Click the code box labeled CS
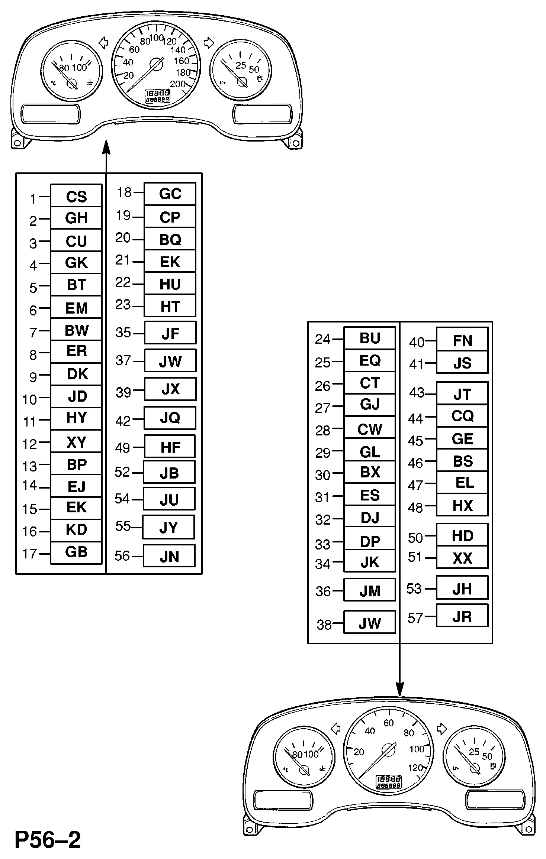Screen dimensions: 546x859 coord(76,196)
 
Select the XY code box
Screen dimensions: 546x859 coord(76,442)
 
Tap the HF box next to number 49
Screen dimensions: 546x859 coord(170,447)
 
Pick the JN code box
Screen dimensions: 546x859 coord(169,556)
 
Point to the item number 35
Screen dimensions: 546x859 coord(123,333)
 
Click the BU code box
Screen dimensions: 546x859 coord(369,338)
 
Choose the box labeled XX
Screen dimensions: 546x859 coord(462,558)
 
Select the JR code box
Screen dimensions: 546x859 coord(462,616)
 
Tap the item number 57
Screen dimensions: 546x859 coord(415,618)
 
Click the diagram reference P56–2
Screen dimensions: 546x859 coord(48,840)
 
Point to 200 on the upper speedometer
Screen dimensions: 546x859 coord(177,84)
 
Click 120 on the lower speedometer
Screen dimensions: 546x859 coord(415,768)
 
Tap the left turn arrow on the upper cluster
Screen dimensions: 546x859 coord(104,43)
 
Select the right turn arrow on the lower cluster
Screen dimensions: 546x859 coord(441,729)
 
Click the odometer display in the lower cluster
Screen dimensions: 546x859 coord(389,782)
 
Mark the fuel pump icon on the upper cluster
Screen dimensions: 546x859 coord(260,79)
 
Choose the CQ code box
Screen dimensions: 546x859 coord(462,416)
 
